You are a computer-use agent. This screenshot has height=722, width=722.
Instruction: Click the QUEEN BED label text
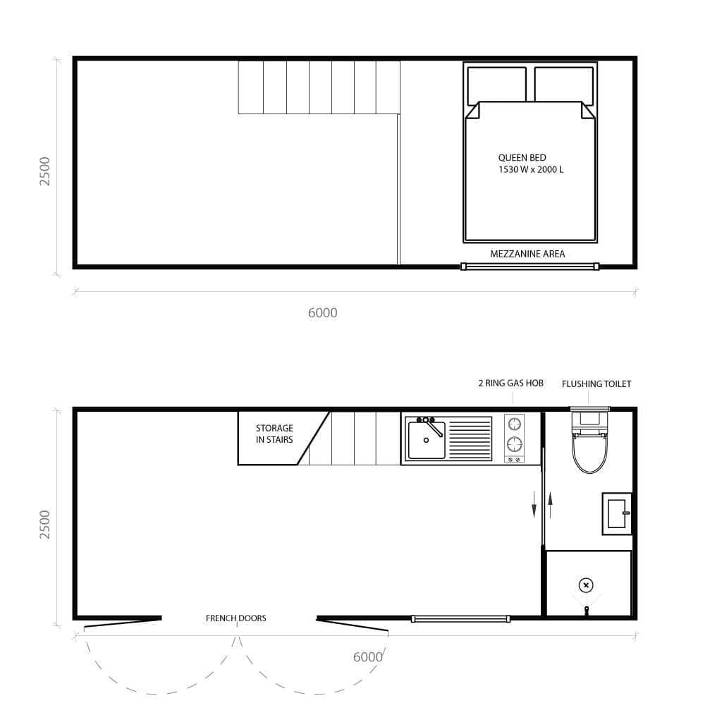click(522, 158)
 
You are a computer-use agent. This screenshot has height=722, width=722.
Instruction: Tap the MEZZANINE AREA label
click(527, 254)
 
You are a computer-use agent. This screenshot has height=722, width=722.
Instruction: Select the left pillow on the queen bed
click(496, 84)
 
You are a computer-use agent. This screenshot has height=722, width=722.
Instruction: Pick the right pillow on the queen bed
click(563, 84)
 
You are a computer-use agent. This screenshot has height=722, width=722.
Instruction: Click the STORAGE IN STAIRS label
click(274, 434)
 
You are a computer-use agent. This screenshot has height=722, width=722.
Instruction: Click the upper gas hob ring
click(515, 424)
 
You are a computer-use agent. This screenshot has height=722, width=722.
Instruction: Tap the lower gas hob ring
click(515, 444)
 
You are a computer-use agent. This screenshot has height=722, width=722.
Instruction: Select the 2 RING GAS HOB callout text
click(510, 384)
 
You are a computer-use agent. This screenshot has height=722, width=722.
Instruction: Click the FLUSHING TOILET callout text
click(596, 384)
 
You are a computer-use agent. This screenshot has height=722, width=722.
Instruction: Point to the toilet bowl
click(589, 452)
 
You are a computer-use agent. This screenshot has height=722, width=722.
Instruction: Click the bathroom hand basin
click(616, 513)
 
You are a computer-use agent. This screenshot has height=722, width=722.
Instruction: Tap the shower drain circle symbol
click(586, 585)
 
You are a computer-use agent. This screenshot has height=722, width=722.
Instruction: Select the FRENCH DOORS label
click(236, 618)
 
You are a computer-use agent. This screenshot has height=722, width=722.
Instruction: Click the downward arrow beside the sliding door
click(534, 505)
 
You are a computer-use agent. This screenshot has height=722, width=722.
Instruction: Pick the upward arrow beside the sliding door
click(550, 505)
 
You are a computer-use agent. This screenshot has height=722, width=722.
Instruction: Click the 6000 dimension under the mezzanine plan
click(323, 312)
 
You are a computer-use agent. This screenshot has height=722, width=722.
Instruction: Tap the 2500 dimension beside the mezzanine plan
click(45, 171)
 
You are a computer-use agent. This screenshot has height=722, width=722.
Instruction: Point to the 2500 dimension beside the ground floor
click(45, 524)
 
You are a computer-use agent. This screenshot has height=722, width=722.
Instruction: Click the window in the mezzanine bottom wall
click(530, 267)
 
